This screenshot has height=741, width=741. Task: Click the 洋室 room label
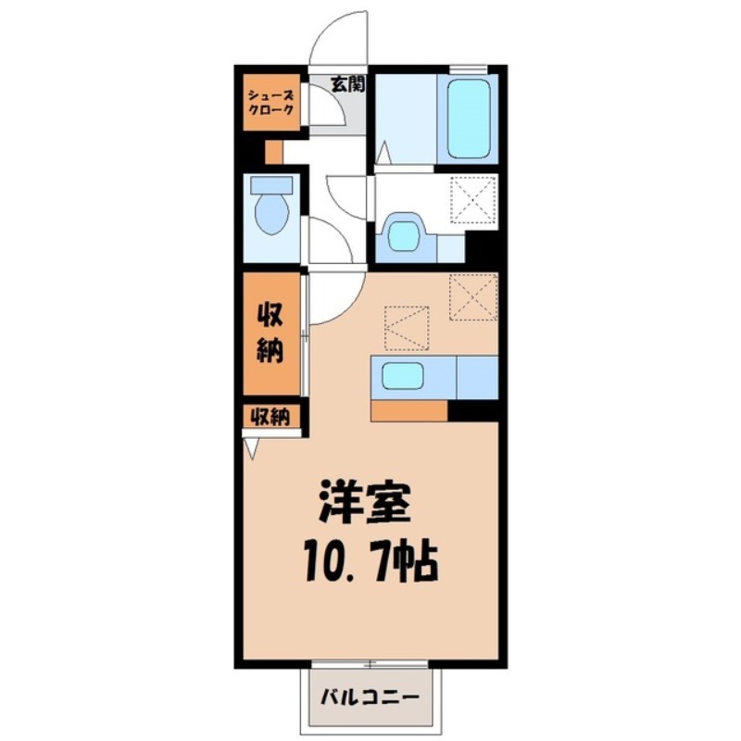(x=364, y=505)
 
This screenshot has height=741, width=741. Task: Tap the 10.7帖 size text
(x=368, y=559)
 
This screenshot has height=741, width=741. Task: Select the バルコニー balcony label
(x=371, y=697)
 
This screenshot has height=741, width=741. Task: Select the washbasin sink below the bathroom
(x=404, y=233)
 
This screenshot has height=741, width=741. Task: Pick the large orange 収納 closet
(x=270, y=334)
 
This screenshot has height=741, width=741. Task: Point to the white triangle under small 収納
(x=250, y=447)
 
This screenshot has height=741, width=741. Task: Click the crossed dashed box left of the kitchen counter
(x=408, y=327)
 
